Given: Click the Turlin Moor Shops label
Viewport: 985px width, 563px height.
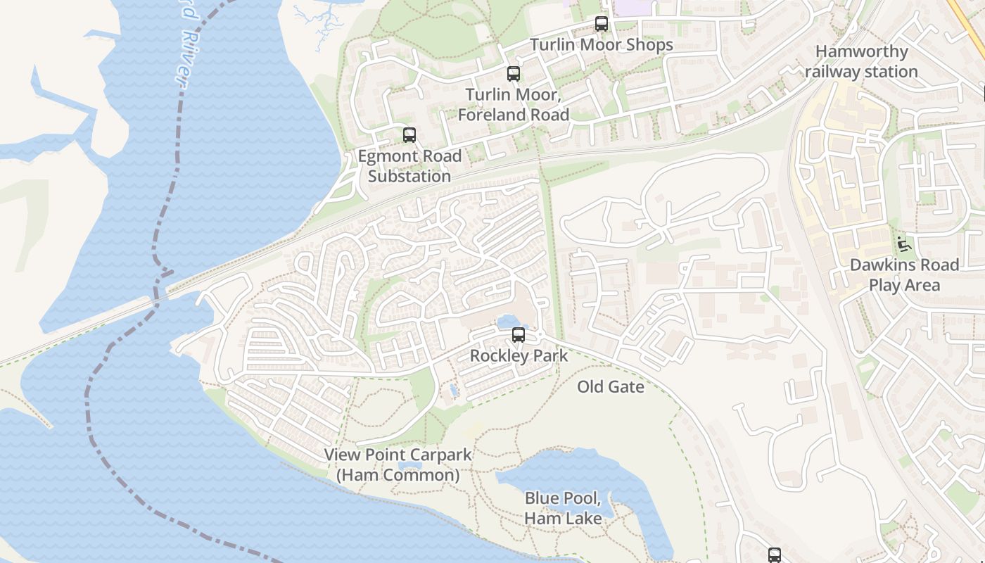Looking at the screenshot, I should coord(602,45).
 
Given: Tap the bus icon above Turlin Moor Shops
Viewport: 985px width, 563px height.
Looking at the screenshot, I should coord(602,24).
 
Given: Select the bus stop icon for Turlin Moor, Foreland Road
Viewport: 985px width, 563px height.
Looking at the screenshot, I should coord(514,74).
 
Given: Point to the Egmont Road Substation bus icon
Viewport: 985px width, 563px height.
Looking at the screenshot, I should coord(409,135).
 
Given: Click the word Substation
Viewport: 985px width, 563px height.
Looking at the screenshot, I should coord(409,176).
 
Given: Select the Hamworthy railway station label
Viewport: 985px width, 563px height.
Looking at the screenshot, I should coord(861,61).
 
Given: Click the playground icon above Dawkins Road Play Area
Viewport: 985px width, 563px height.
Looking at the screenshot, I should coord(904,244).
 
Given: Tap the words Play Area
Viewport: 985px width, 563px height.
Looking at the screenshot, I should coord(904,285).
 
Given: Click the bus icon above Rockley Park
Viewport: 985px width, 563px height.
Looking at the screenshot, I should coord(519,335).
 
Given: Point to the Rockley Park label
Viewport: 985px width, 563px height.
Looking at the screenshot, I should coord(519,355).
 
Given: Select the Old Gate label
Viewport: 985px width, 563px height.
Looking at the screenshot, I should coord(611,386).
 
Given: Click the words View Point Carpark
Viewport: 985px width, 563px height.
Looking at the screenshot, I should coord(398,455).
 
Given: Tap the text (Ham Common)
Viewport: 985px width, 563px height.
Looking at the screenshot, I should coord(398,475).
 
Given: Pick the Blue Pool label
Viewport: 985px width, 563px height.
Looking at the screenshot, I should coord(563,499).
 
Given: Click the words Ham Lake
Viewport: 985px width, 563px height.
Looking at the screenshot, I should coord(563,519).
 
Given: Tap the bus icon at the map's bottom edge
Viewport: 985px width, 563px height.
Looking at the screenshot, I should coord(775,555).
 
